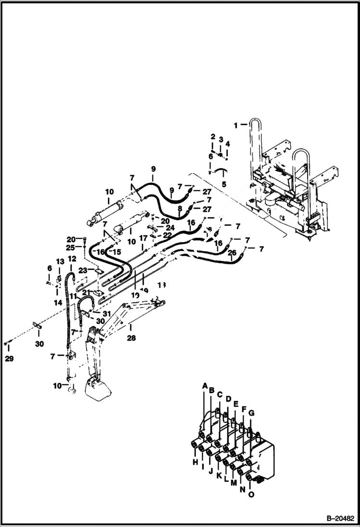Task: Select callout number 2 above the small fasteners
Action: (x=212, y=137)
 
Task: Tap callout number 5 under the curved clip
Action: (x=223, y=184)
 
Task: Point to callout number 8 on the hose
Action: (x=179, y=209)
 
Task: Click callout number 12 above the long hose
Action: (x=72, y=259)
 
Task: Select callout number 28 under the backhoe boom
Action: (x=131, y=338)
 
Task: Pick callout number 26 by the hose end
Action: (x=232, y=253)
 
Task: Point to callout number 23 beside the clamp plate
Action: (x=83, y=270)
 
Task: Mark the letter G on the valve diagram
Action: (x=251, y=414)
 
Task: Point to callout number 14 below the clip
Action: (x=58, y=303)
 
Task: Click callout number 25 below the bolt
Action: (x=71, y=247)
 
